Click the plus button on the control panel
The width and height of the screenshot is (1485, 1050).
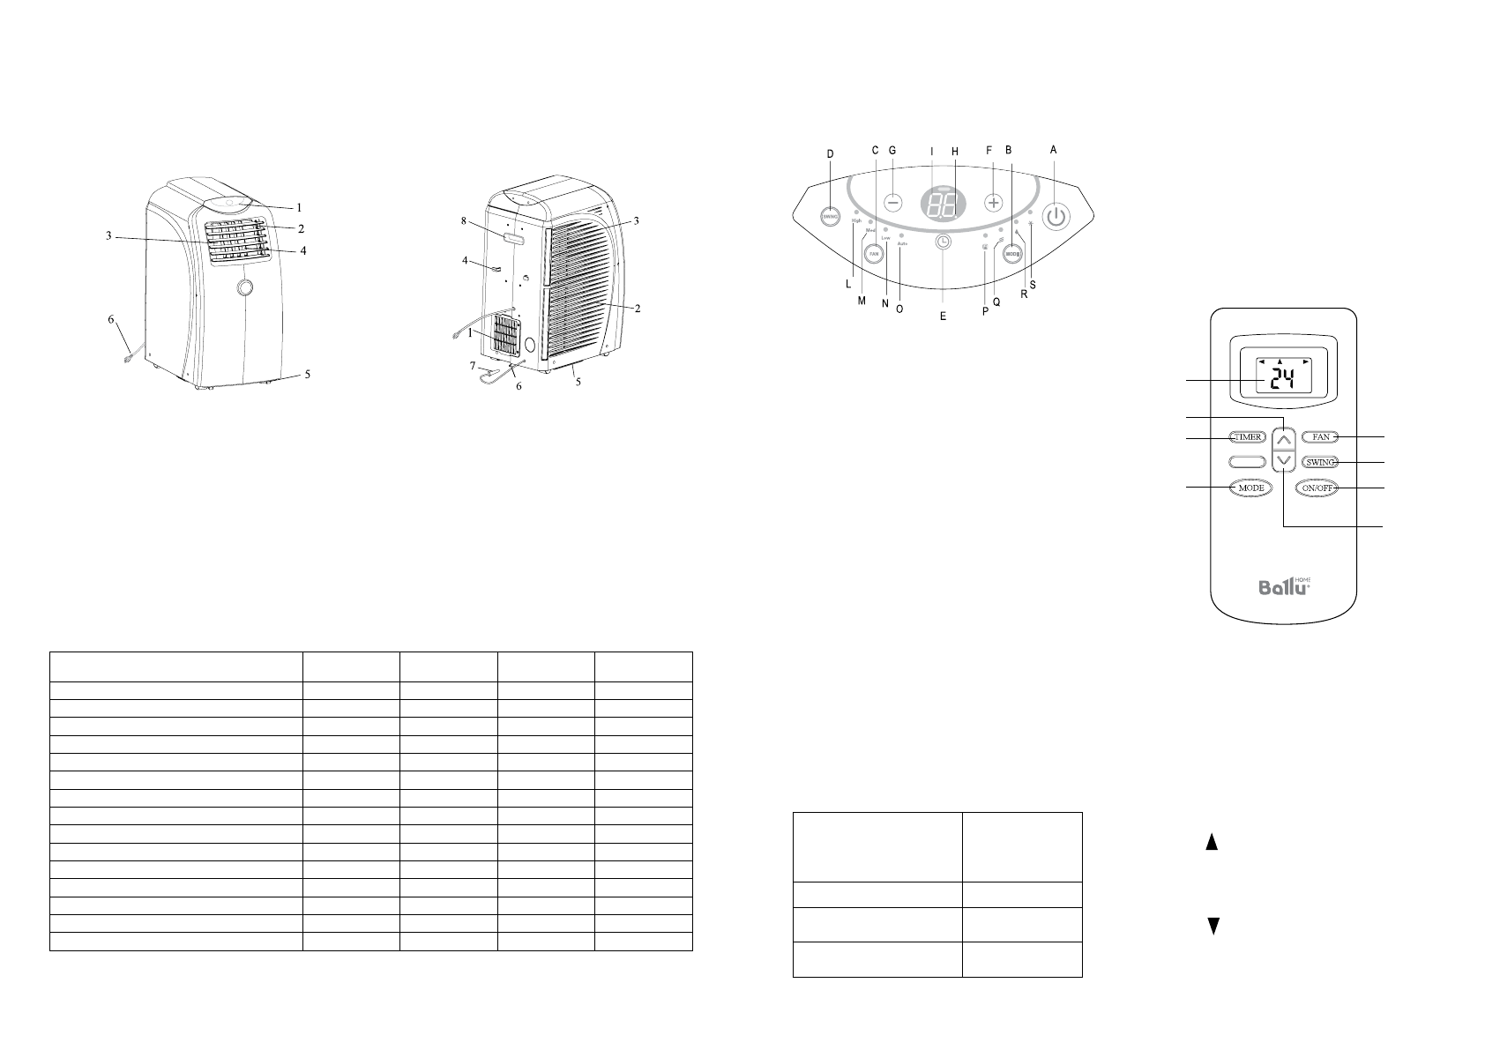pyautogui.click(x=994, y=202)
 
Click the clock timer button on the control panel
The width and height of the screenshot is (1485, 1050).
pyautogui.click(x=943, y=241)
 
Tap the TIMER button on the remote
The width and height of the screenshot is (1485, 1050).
pyautogui.click(x=1246, y=437)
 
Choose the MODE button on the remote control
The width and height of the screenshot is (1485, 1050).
pyautogui.click(x=1246, y=488)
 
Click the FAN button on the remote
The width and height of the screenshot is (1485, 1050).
pyautogui.click(x=1320, y=437)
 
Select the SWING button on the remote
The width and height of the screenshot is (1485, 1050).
pyautogui.click(x=1320, y=462)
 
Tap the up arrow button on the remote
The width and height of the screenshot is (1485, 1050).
pyautogui.click(x=1284, y=437)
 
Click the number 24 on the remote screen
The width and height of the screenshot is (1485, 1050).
pyautogui.click(x=1283, y=379)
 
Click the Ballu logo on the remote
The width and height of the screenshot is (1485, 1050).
pyautogui.click(x=1283, y=585)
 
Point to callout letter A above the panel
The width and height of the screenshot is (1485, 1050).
pyautogui.click(x=1053, y=151)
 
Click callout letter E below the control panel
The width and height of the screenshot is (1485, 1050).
pyautogui.click(x=942, y=316)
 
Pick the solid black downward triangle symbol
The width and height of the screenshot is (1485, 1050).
pyautogui.click(x=1213, y=926)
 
